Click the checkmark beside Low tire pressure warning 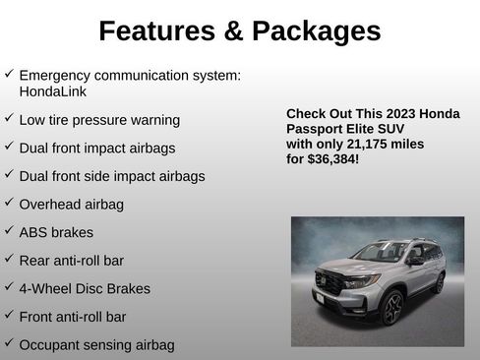pos(9,118)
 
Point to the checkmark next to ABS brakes pos(9,231)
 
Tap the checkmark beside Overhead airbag pos(9,203)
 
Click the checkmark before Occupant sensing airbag pos(9,343)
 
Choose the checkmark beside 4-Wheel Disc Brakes pos(9,287)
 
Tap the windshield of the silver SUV pos(380,252)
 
